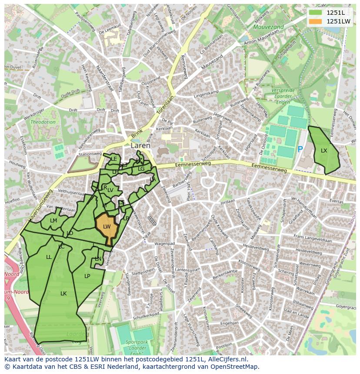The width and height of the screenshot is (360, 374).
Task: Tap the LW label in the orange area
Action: click(x=107, y=227)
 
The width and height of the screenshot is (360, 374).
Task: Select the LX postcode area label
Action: click(x=324, y=151)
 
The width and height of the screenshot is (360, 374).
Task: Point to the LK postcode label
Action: click(x=63, y=294)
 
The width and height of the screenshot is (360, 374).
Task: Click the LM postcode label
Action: click(x=53, y=221)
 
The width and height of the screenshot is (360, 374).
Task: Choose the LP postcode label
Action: click(x=87, y=276)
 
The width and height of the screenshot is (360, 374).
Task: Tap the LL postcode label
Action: click(x=49, y=257)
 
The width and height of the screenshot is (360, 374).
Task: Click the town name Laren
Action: click(x=140, y=146)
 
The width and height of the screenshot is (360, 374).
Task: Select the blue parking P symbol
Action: click(x=300, y=149)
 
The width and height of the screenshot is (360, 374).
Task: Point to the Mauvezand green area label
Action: click(x=269, y=27)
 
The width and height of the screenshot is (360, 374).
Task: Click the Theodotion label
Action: click(x=43, y=122)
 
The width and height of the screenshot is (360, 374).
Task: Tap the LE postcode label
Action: click(x=114, y=159)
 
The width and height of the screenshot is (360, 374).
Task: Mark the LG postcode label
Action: click(x=141, y=169)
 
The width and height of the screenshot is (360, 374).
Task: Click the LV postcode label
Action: click(x=110, y=190)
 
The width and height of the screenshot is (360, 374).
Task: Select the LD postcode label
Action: click(x=70, y=233)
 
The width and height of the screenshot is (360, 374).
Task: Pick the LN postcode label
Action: click(x=98, y=259)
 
